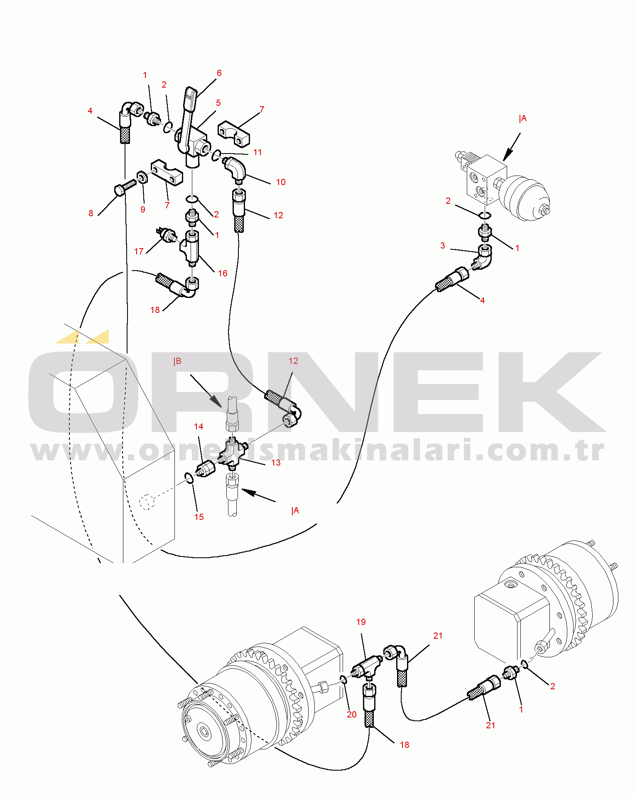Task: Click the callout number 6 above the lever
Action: (x=219, y=73)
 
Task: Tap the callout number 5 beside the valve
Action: (x=218, y=103)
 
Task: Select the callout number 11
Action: (x=257, y=152)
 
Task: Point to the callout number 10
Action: (x=281, y=182)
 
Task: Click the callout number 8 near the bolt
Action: (x=91, y=213)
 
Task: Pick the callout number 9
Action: (x=143, y=210)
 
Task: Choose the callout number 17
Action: (x=139, y=251)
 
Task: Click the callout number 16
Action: (x=223, y=273)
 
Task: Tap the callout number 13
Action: (x=276, y=463)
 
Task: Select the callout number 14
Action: (x=199, y=427)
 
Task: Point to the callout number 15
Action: (x=199, y=517)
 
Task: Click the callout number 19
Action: (x=361, y=622)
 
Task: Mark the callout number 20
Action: (x=352, y=715)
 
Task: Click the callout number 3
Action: (x=443, y=246)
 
